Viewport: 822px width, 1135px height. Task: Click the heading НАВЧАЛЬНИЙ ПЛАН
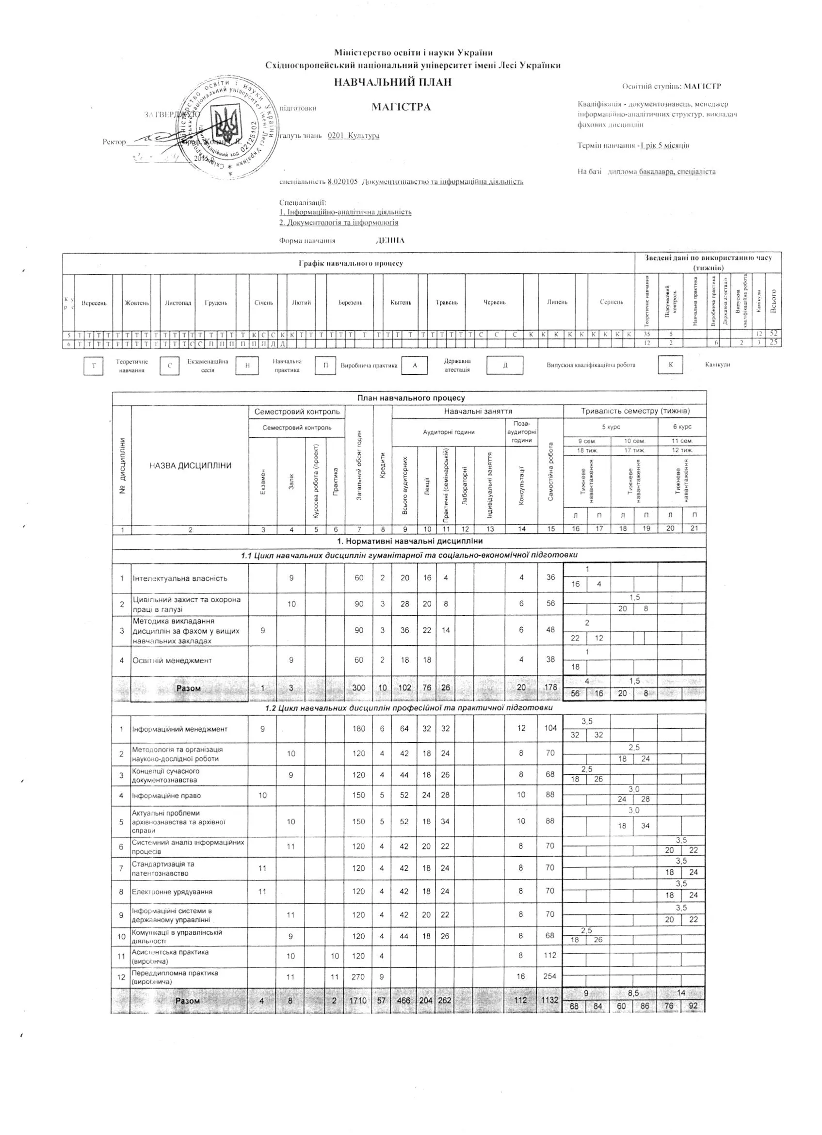click(392, 82)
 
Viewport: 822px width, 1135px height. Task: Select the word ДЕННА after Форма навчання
click(390, 240)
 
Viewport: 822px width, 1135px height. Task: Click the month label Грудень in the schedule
click(216, 303)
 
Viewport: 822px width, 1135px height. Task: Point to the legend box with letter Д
click(505, 365)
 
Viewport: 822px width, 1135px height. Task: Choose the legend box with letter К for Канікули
click(670, 365)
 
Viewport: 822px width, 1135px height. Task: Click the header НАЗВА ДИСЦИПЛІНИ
click(190, 465)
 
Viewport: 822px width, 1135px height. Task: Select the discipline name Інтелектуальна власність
click(180, 578)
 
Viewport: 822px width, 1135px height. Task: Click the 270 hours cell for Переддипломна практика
click(358, 976)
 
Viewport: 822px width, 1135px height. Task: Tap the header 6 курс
click(682, 427)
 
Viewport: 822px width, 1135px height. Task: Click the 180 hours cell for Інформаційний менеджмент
click(358, 729)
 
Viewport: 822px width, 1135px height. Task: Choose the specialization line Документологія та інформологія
click(339, 222)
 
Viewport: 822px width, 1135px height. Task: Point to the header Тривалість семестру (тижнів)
click(635, 411)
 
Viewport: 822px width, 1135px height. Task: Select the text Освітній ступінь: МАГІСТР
click(671, 86)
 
